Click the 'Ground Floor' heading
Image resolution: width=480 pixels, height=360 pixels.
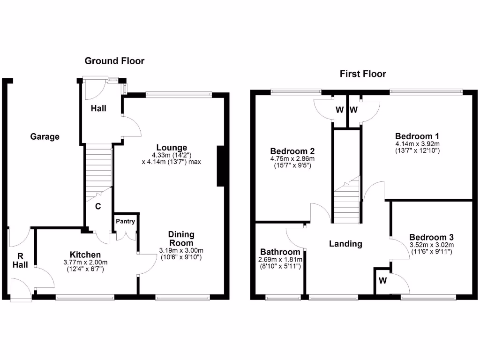point(114,61)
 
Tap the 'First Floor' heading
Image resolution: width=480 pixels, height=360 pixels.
point(363,74)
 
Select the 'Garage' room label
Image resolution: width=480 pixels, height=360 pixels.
point(45,137)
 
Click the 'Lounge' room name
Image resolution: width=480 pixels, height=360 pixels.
point(172,148)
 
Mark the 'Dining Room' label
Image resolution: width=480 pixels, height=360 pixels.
point(181,239)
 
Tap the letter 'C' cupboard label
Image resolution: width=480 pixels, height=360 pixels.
point(98,206)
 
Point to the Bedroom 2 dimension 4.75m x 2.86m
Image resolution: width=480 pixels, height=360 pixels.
point(292,159)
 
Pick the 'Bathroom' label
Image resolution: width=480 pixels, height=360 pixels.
point(280,252)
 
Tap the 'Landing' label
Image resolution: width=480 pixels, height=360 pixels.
point(345,244)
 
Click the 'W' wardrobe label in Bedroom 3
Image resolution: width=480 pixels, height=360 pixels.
point(383,281)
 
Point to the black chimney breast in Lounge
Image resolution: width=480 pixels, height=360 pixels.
point(221,166)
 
